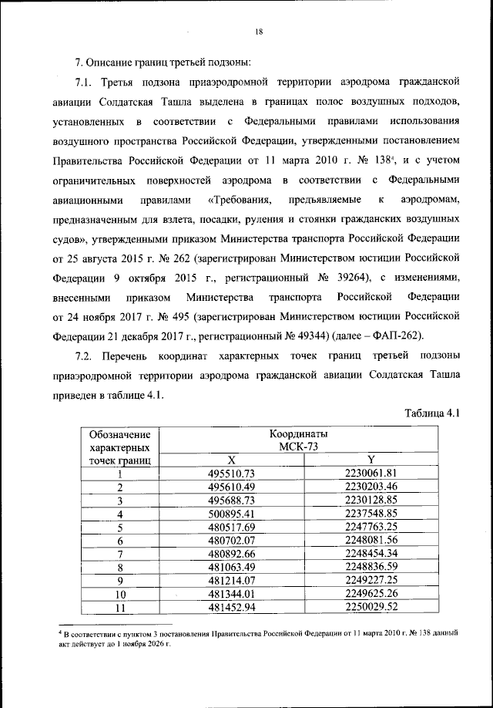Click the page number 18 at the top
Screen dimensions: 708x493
pyautogui.click(x=260, y=31)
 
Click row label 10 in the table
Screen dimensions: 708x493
pyautogui.click(x=119, y=595)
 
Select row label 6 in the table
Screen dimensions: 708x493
pyautogui.click(x=119, y=541)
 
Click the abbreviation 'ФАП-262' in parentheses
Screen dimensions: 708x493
pyautogui.click(x=412, y=335)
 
